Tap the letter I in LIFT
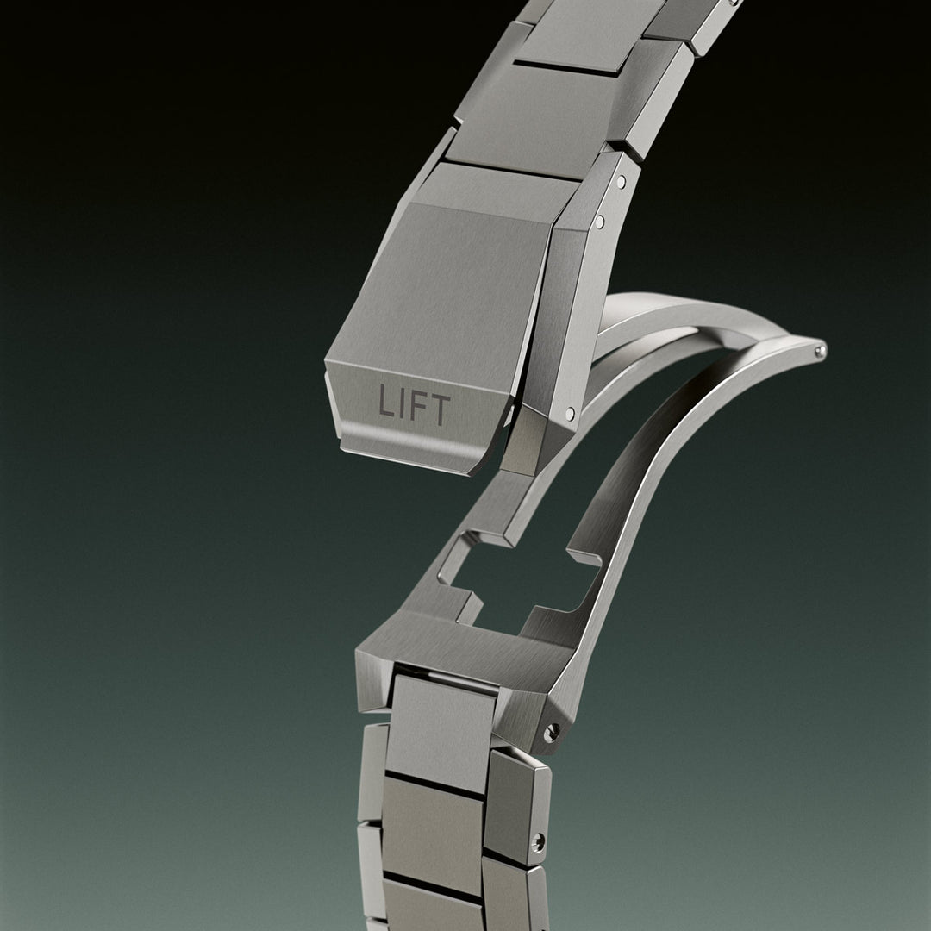coord(401,403)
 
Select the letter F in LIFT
coord(416,406)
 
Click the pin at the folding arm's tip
coord(821,351)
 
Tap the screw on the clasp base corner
coord(552,732)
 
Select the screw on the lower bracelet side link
coord(537,841)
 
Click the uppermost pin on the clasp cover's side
coord(621,180)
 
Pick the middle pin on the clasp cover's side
coord(600,222)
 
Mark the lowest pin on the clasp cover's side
coord(570,413)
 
